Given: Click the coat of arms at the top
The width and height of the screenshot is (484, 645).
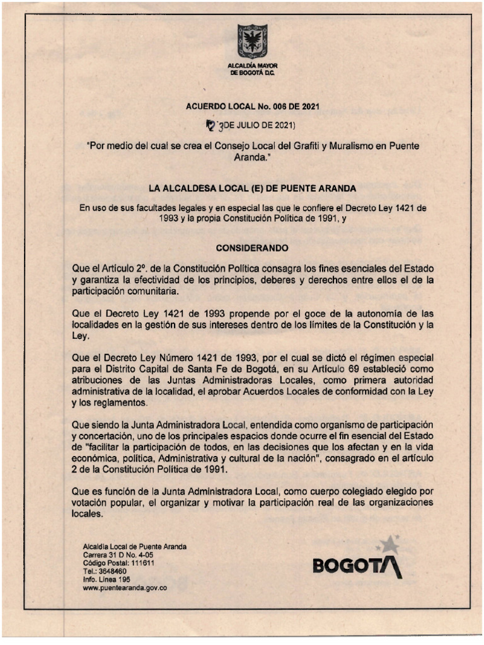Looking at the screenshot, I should [252, 41].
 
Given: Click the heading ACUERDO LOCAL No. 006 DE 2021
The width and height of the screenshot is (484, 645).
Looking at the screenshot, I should [252, 106].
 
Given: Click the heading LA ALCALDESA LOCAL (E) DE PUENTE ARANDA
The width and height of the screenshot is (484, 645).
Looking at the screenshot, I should [252, 188].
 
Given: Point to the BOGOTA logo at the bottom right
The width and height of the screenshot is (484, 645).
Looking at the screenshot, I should [357, 565].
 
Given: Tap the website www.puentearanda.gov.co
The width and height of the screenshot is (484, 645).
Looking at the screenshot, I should [125, 587].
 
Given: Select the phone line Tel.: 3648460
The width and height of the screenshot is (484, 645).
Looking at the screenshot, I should [105, 571].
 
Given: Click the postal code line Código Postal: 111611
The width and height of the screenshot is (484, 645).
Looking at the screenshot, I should [118, 562].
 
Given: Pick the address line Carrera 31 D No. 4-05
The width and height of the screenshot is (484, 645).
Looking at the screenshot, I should [118, 555].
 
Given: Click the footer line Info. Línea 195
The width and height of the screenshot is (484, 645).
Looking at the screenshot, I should [107, 579].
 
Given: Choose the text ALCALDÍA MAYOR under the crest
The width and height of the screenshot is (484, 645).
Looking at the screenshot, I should [253, 66].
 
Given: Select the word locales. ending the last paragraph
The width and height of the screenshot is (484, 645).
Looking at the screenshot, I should [87, 514].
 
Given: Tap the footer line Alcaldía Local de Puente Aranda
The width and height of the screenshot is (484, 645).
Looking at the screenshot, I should [134, 547].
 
